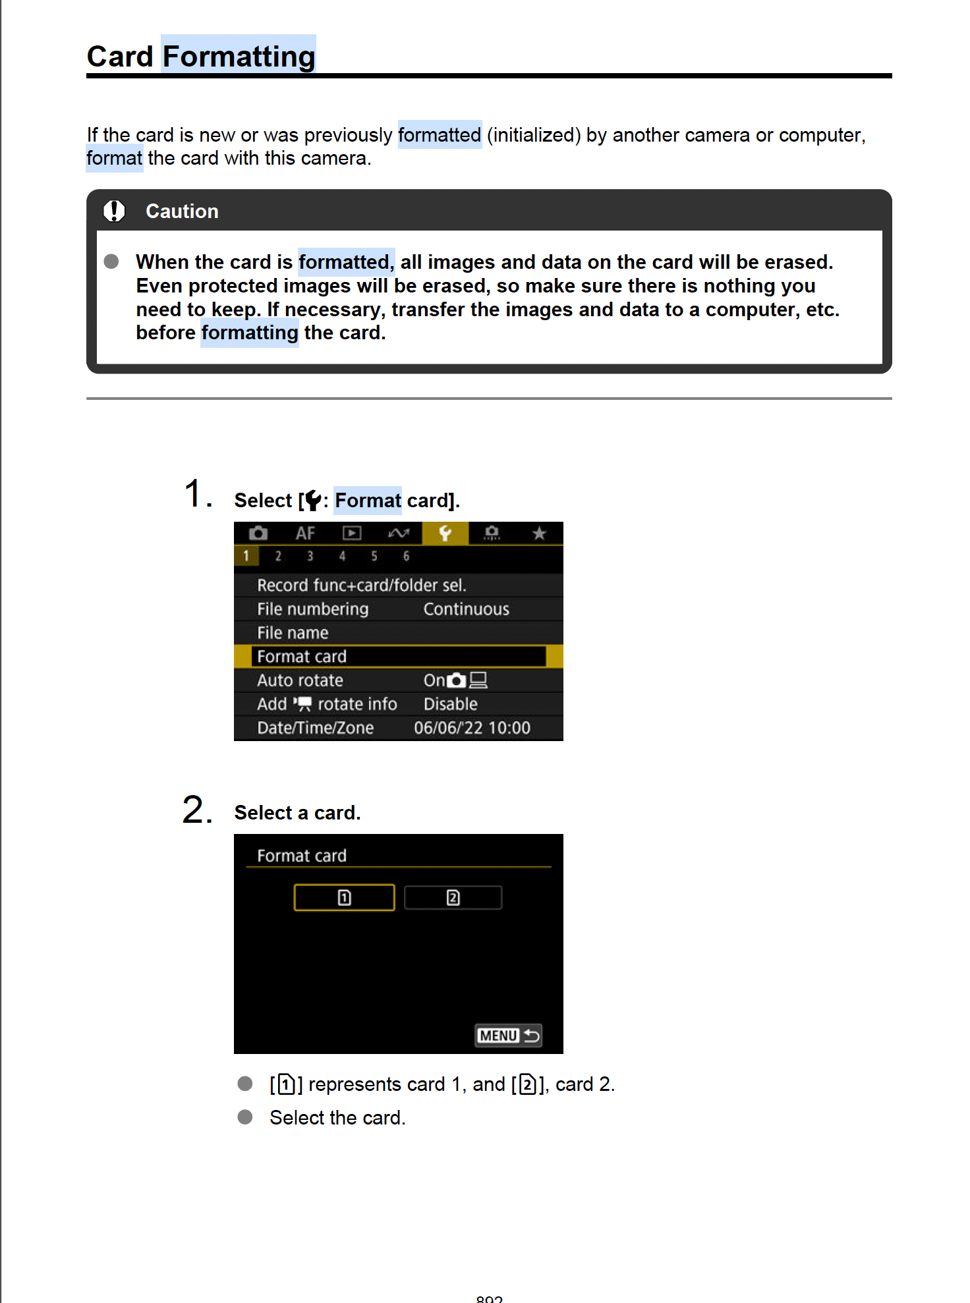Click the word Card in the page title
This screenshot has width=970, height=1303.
click(120, 57)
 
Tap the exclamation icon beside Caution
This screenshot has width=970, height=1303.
click(114, 211)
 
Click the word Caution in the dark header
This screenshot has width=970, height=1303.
click(182, 211)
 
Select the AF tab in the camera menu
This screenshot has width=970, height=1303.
click(305, 533)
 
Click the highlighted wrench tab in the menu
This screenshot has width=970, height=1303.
click(445, 533)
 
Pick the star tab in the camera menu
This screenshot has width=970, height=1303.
click(539, 533)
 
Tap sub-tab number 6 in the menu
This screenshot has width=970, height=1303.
click(406, 556)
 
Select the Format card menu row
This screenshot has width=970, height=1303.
click(398, 657)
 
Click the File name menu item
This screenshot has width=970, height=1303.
click(293, 633)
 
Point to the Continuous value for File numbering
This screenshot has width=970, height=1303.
click(466, 609)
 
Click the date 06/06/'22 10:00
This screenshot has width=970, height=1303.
click(472, 728)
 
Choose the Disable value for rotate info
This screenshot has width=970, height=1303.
click(450, 704)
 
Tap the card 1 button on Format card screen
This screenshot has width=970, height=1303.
click(344, 898)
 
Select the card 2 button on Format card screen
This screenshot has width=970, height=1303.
click(453, 898)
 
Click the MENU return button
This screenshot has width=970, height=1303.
click(509, 1036)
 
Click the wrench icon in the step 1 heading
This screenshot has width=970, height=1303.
click(313, 501)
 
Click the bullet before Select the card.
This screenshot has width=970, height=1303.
click(245, 1117)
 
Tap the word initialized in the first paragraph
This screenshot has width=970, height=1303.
click(534, 135)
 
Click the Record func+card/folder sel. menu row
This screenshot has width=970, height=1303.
click(361, 586)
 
